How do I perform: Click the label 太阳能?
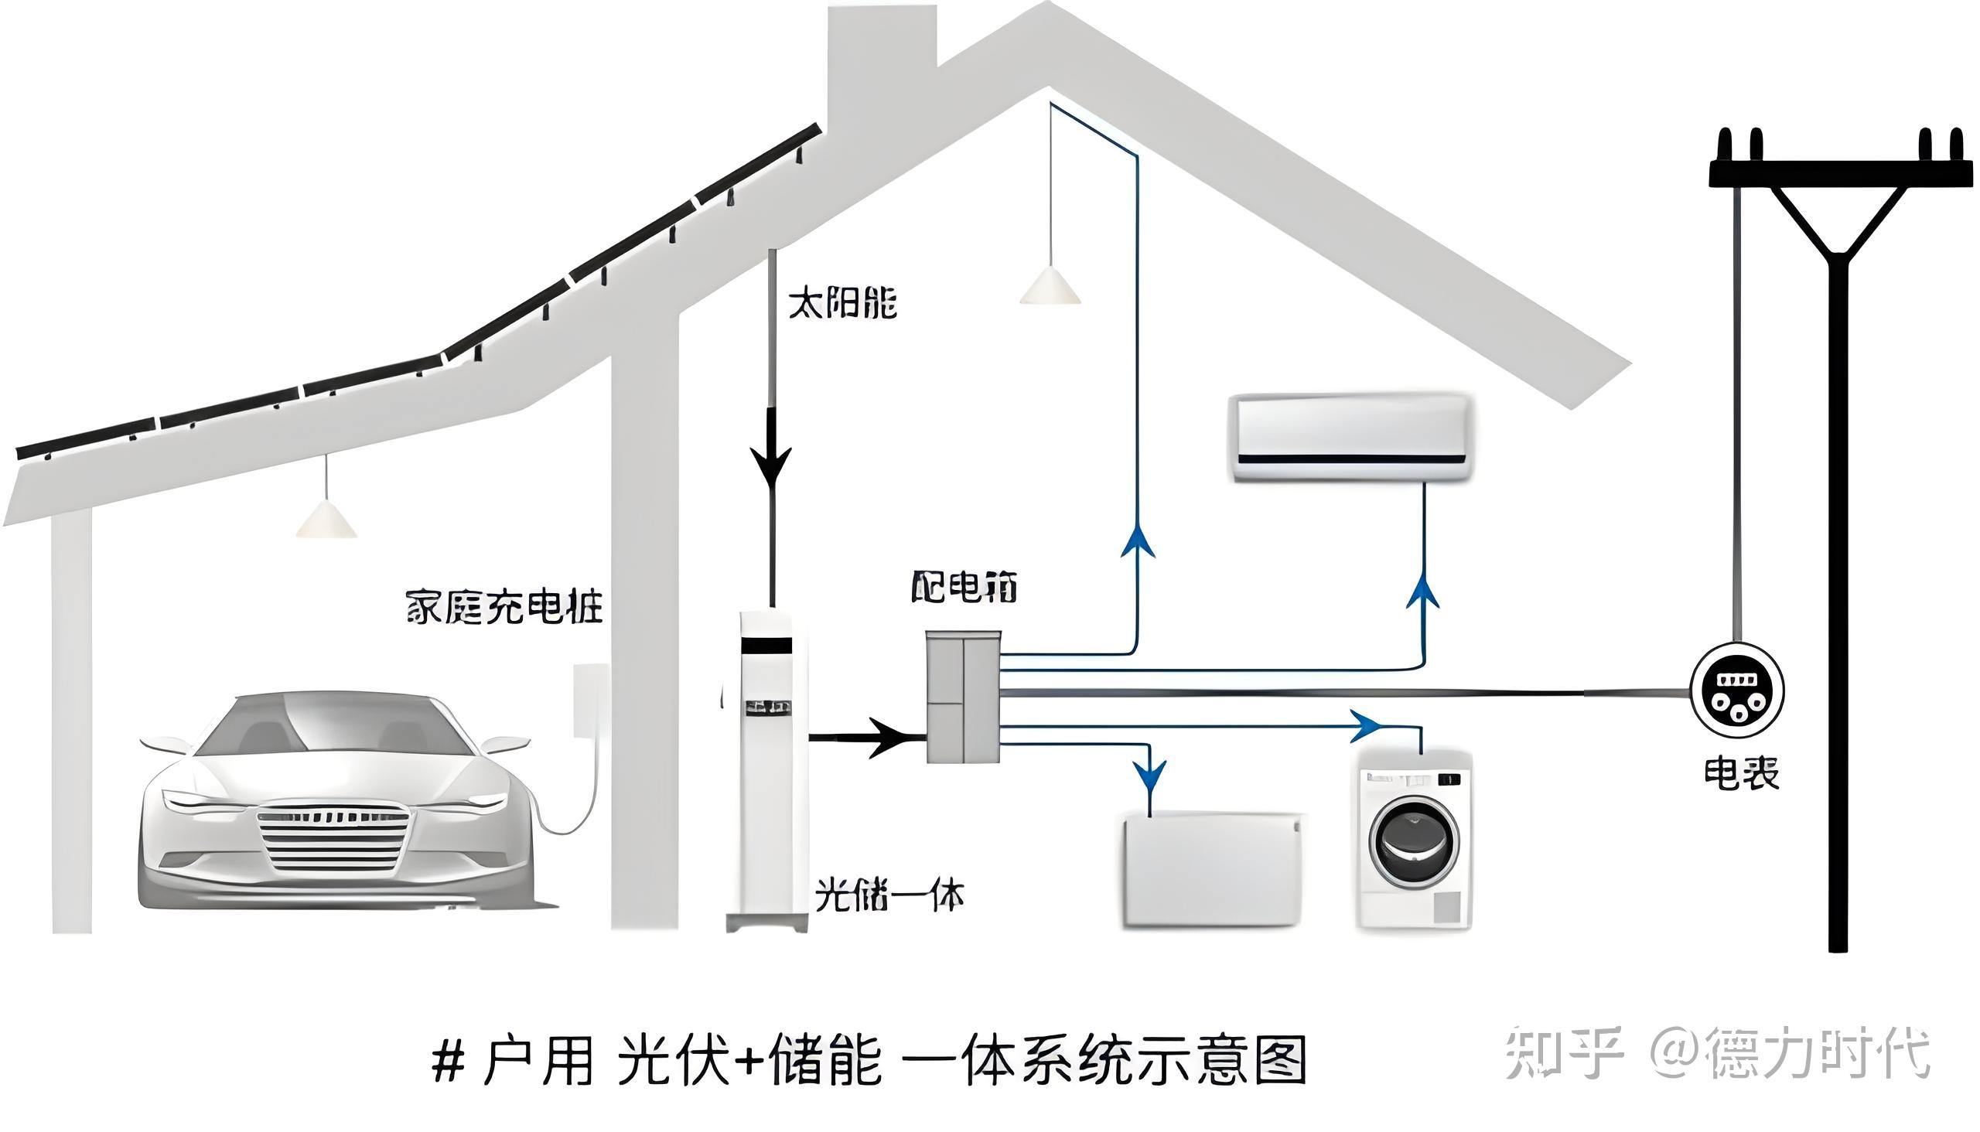(x=842, y=302)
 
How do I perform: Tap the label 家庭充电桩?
(x=504, y=607)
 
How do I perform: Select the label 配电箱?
(x=964, y=588)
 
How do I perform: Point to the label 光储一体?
(x=889, y=896)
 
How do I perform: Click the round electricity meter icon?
(x=1737, y=690)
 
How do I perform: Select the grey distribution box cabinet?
(x=963, y=697)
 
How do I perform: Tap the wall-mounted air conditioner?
(x=1351, y=438)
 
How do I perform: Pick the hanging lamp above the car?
(x=326, y=519)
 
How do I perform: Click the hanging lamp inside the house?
(x=1050, y=285)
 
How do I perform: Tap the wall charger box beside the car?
(x=590, y=699)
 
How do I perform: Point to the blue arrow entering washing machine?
(x=1367, y=726)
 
